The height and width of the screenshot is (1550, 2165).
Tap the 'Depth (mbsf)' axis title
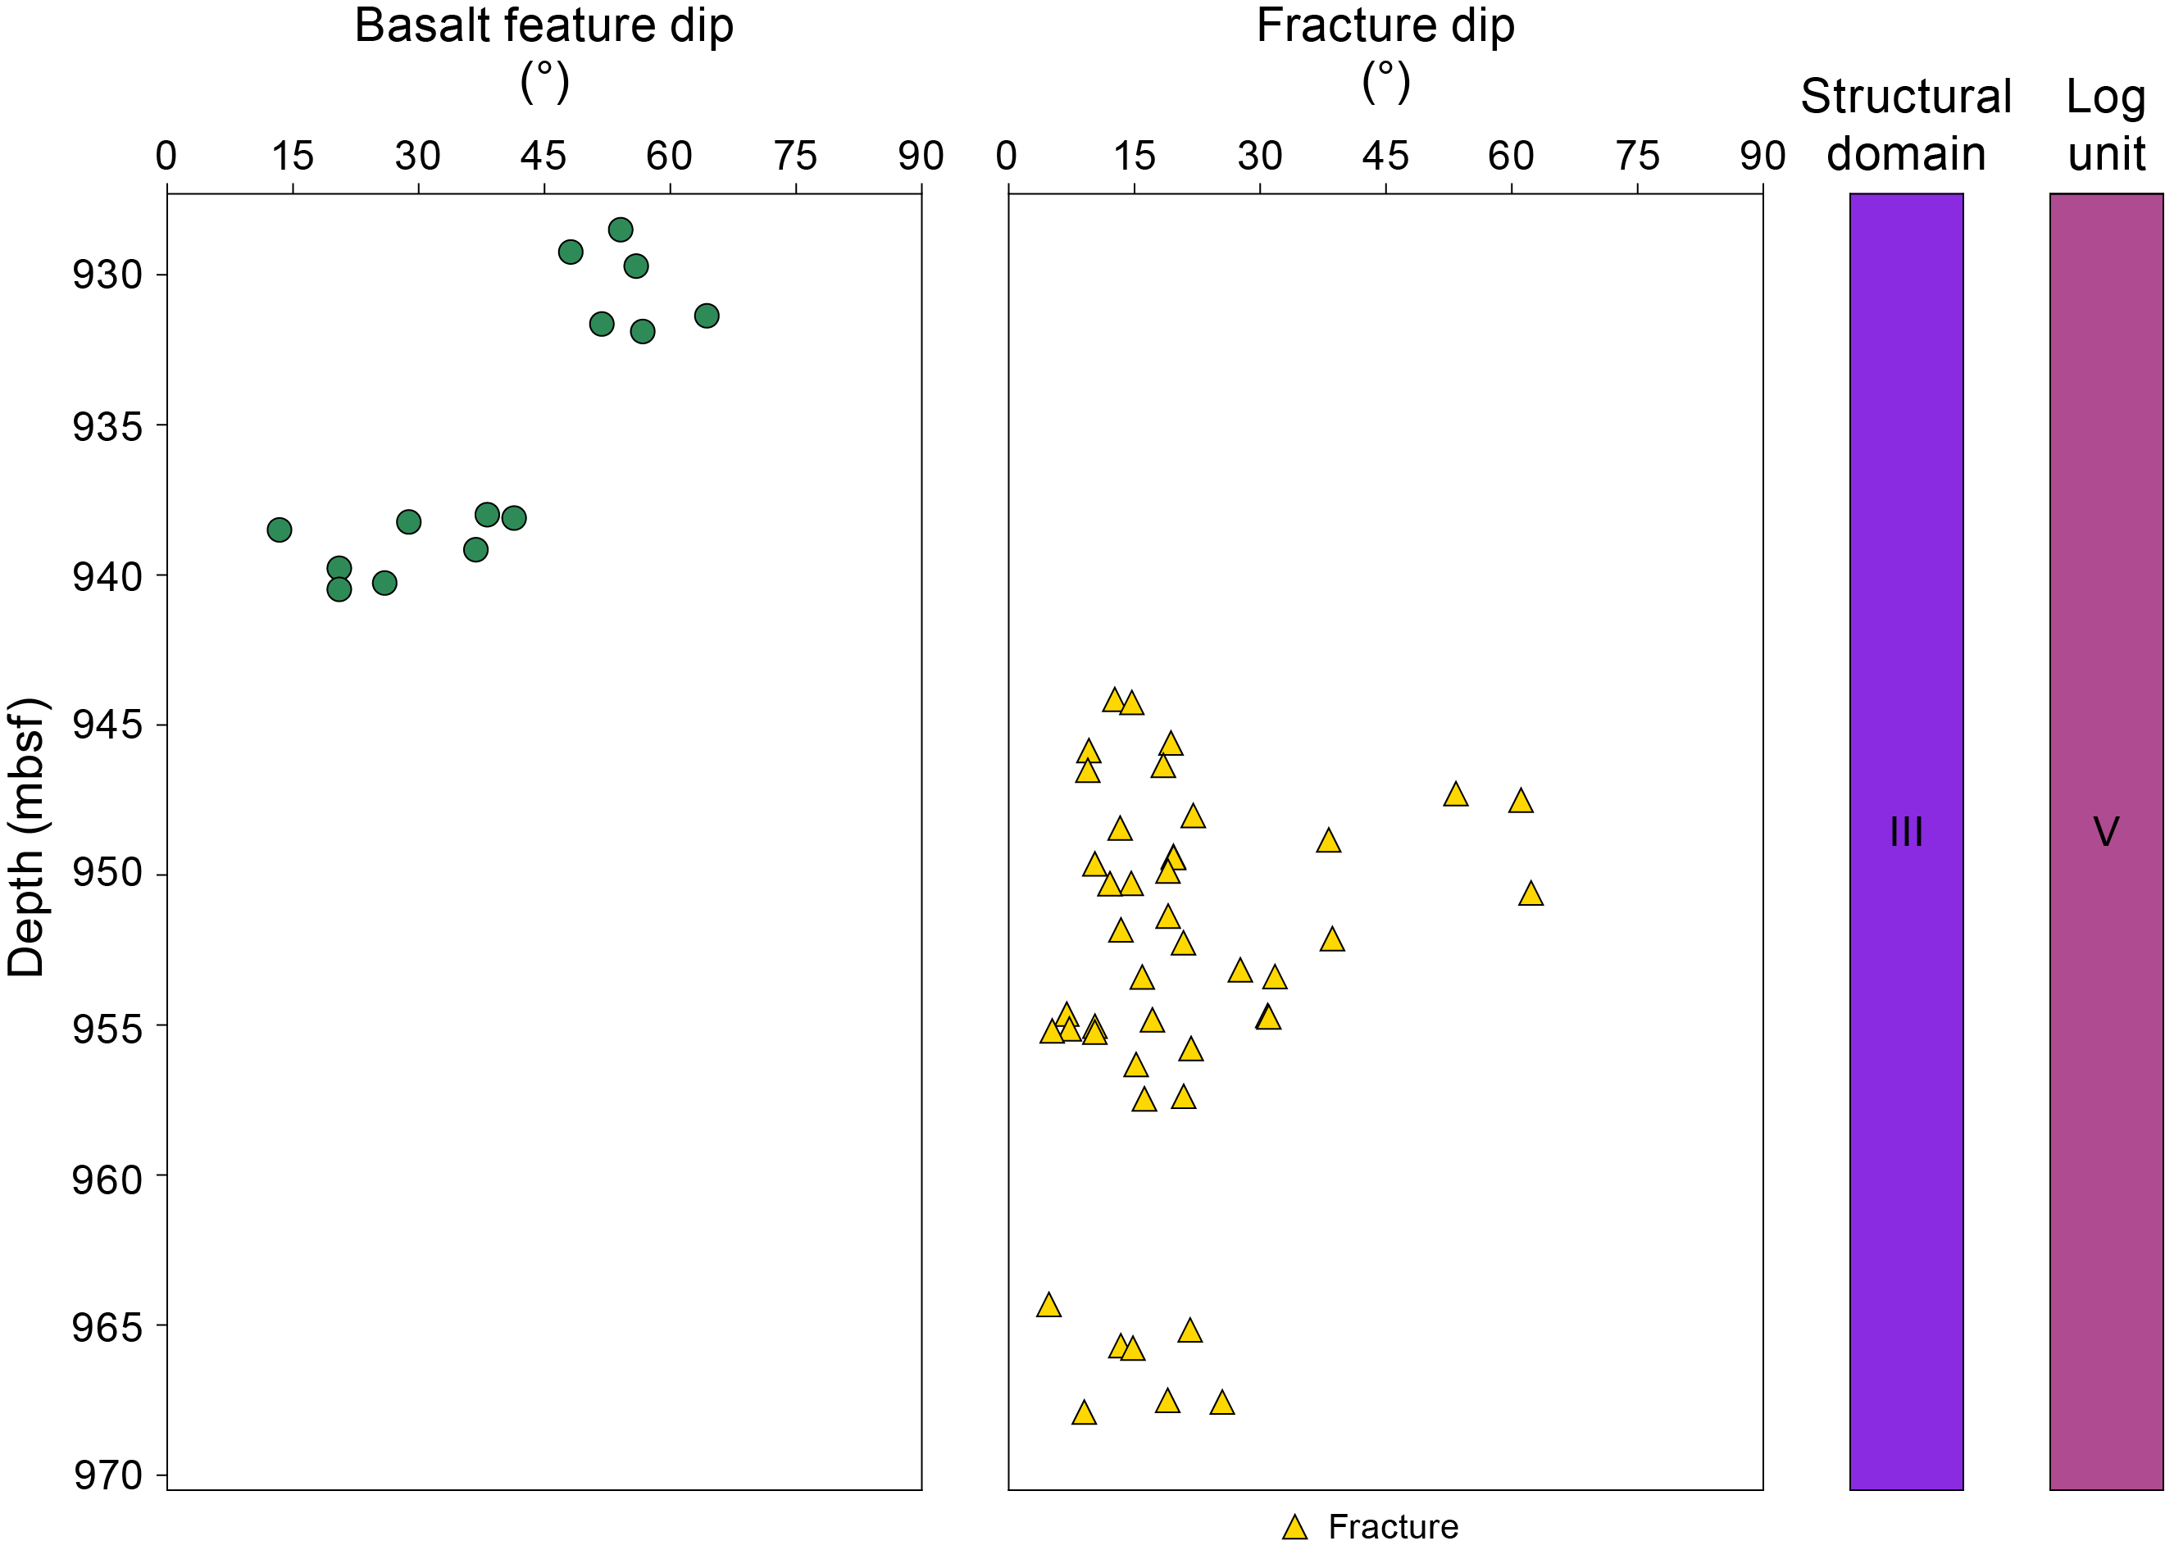point(27,837)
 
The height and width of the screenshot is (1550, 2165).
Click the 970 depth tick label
point(107,1476)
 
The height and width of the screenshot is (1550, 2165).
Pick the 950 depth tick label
point(107,875)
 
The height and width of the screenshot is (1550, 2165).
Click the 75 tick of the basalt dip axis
point(795,157)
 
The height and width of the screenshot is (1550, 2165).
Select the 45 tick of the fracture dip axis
point(1385,157)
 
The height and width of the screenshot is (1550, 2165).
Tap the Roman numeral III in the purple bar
point(1906,832)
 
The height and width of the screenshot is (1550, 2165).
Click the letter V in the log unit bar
point(2106,832)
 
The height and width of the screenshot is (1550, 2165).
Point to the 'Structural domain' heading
point(1906,125)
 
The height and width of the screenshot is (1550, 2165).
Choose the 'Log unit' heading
point(2106,125)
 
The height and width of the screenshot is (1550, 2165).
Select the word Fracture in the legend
point(1393,1527)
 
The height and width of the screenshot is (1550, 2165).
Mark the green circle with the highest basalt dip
point(707,316)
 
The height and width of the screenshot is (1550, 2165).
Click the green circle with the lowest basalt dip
point(279,530)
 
